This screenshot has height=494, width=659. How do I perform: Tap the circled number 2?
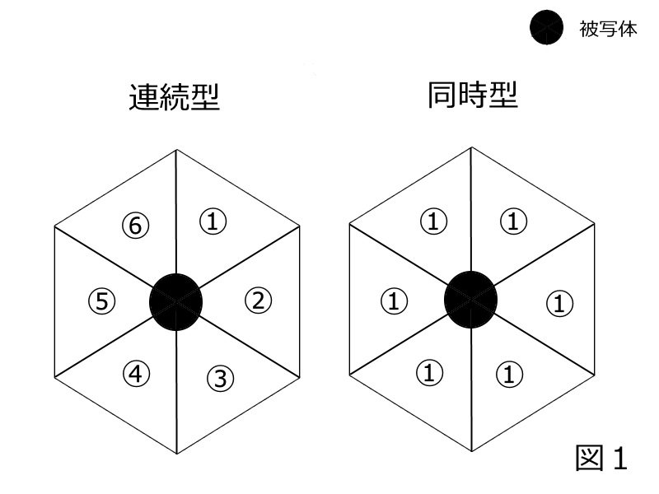258,301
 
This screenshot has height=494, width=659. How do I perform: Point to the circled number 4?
136,374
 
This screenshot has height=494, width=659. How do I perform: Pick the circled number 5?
100,301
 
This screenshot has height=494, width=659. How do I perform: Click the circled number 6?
135,225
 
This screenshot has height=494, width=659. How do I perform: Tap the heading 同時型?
472,96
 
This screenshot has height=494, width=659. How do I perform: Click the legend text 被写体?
609,30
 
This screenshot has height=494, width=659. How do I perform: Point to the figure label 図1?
601,458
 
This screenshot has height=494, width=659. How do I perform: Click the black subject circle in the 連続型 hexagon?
175,301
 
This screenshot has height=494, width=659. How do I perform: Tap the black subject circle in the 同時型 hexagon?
470,299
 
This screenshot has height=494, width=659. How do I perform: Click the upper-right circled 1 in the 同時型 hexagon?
513,221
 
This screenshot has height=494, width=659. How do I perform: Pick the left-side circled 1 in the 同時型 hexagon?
393,301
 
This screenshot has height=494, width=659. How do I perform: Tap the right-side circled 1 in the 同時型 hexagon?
559,304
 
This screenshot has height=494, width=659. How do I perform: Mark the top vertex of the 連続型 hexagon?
176,150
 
